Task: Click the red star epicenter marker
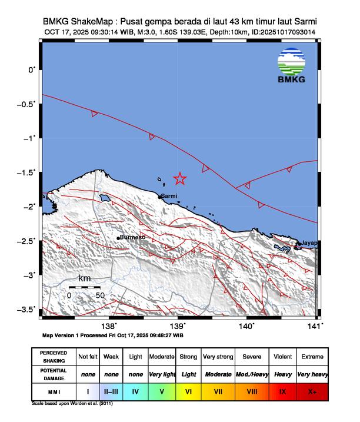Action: point(180,179)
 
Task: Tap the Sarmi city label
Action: point(169,196)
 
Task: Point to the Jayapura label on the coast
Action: point(309,242)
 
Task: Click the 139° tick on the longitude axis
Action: point(178,326)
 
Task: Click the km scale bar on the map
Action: point(84,287)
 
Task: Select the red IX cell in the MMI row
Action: point(283,391)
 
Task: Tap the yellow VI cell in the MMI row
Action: point(189,391)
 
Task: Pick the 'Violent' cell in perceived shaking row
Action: point(283,357)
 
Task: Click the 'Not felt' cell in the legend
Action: point(88,357)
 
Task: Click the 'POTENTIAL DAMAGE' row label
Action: point(54,374)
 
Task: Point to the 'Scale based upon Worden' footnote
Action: point(71,404)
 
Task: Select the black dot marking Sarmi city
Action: point(161,197)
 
